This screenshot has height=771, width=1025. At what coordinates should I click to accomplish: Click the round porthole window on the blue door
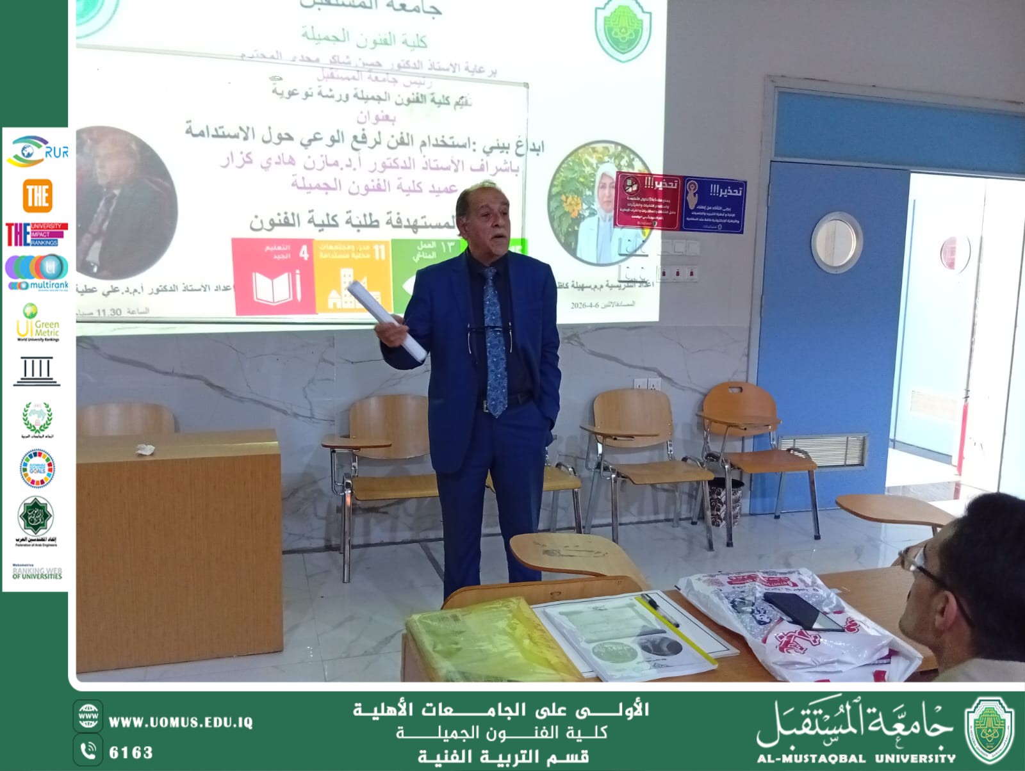836,243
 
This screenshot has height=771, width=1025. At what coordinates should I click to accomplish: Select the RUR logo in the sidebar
37,151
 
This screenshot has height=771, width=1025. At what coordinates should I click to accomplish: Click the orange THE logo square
37,195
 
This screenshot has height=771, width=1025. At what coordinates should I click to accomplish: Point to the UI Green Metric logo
38,323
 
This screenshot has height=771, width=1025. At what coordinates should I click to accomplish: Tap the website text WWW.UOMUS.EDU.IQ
181,722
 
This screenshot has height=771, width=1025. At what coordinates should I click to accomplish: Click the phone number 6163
131,752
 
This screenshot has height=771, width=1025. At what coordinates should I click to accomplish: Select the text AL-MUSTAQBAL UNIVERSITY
856,758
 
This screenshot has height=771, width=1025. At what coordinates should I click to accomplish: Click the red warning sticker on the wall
647,200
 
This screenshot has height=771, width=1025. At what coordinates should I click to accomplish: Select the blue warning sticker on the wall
714,204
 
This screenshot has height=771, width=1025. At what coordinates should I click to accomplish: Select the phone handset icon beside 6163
88,751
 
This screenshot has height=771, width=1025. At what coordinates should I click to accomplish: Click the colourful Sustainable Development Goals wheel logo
37,469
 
